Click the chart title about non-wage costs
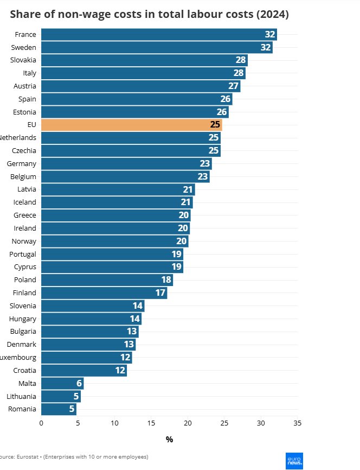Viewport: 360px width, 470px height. tap(149, 15)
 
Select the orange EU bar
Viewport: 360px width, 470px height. tap(131, 125)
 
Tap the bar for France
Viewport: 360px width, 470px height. tap(159, 35)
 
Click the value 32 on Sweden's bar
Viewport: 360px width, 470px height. tap(266, 48)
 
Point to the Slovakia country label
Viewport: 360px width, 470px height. tap(23, 60)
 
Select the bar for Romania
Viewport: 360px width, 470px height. tap(59, 409)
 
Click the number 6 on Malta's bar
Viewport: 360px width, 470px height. tap(79, 384)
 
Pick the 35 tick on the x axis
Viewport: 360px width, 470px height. tap(297, 423)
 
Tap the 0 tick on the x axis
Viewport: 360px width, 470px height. tap(41, 423)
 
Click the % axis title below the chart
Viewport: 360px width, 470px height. tap(169, 440)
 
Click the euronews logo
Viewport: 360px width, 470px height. tap(294, 461)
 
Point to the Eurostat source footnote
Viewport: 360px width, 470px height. tap(74, 457)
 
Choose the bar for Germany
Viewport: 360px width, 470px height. tap(126, 164)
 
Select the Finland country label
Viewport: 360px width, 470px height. tap(25, 293)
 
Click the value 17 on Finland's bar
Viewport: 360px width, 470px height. tap(160, 293)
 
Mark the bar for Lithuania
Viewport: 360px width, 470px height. tap(61, 397)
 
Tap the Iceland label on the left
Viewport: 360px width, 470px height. tap(25, 202)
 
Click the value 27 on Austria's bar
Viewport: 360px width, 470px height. tap(234, 86)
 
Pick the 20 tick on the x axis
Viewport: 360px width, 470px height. tap(188, 423)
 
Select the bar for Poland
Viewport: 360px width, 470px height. tap(107, 280)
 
